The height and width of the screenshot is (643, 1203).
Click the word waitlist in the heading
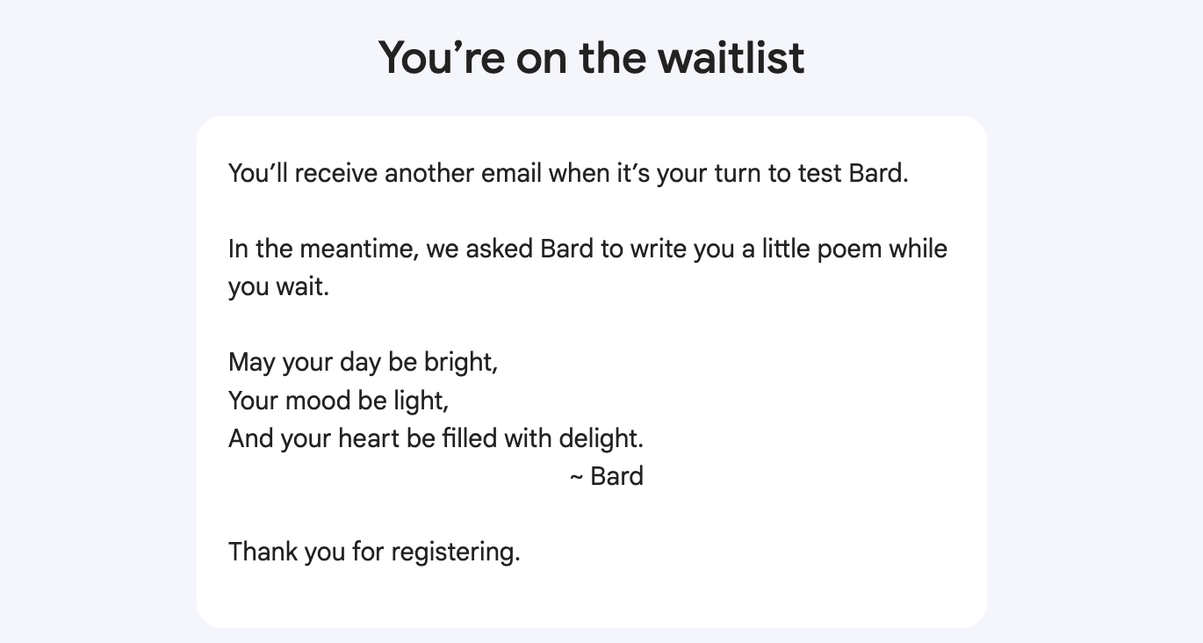pyautogui.click(x=731, y=57)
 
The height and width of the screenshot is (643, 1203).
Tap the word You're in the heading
pyautogui.click(x=442, y=57)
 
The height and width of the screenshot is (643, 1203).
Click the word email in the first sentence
pyautogui.click(x=511, y=174)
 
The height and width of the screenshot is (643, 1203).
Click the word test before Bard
pyautogui.click(x=819, y=174)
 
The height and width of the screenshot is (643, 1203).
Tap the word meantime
pyautogui.click(x=359, y=249)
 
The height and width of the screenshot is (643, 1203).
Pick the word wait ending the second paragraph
pyautogui.click(x=302, y=287)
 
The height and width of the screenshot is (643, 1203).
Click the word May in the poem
pyautogui.click(x=252, y=363)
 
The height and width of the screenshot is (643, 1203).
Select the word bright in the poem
pyautogui.click(x=461, y=363)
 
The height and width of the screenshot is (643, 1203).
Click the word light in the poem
pyautogui.click(x=421, y=401)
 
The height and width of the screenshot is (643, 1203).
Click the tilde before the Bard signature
pyautogui.click(x=576, y=477)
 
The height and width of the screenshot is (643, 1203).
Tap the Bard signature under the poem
pyautogui.click(x=616, y=476)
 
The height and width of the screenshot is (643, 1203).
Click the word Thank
pyautogui.click(x=263, y=552)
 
